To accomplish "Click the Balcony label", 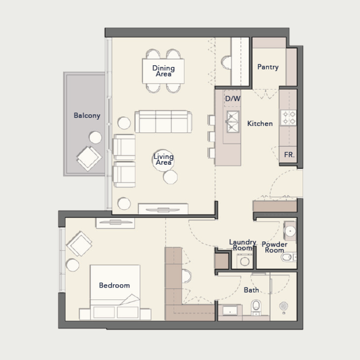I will pyautogui.click(x=87, y=116).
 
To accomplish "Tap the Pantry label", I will pyautogui.click(x=268, y=67).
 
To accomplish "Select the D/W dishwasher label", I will pyautogui.click(x=233, y=99).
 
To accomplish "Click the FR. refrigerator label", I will pyautogui.click(x=289, y=154).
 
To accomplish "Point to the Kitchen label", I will pyautogui.click(x=260, y=123).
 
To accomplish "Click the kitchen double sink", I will pyautogui.click(x=233, y=122).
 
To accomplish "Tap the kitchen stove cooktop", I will pyautogui.click(x=288, y=118).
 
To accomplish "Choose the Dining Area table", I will pyautogui.click(x=163, y=71).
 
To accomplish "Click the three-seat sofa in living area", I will pyautogui.click(x=163, y=121).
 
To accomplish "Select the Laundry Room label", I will pyautogui.click(x=242, y=245).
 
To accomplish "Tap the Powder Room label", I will pyautogui.click(x=274, y=247).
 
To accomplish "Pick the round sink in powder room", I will pyautogui.click(x=290, y=231).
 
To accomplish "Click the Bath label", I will pyautogui.click(x=251, y=290).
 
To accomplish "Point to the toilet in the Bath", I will pyautogui.click(x=256, y=306).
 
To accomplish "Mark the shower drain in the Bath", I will pyautogui.click(x=283, y=306).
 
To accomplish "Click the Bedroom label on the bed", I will pyautogui.click(x=114, y=285).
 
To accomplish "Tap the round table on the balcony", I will pyautogui.click(x=95, y=137).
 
